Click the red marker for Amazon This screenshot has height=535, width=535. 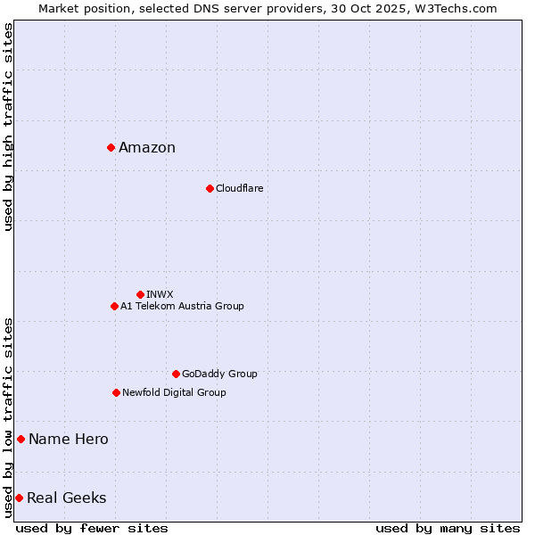point(111,147)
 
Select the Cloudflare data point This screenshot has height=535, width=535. point(210,188)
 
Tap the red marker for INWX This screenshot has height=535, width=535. point(140,294)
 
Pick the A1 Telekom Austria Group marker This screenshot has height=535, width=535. point(114,306)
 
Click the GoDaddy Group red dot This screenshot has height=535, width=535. point(176,374)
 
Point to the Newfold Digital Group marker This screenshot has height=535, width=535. point(116,392)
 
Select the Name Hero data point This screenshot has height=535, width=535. point(21,439)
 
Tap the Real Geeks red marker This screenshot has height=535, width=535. point(19,498)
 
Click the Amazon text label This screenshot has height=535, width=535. point(147,148)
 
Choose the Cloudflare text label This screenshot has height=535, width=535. point(239,189)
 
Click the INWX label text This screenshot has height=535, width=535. point(160,295)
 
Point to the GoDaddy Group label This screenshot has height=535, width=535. point(219,374)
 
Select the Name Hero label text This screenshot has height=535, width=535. point(69,440)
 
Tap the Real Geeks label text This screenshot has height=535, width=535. point(67,498)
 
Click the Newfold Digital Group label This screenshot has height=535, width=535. point(174,393)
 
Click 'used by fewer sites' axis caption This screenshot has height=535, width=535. point(92,528)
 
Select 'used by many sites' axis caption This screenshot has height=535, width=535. point(448,528)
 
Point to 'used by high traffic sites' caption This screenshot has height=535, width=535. point(8,127)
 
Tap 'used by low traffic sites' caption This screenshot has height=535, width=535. point(8,417)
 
